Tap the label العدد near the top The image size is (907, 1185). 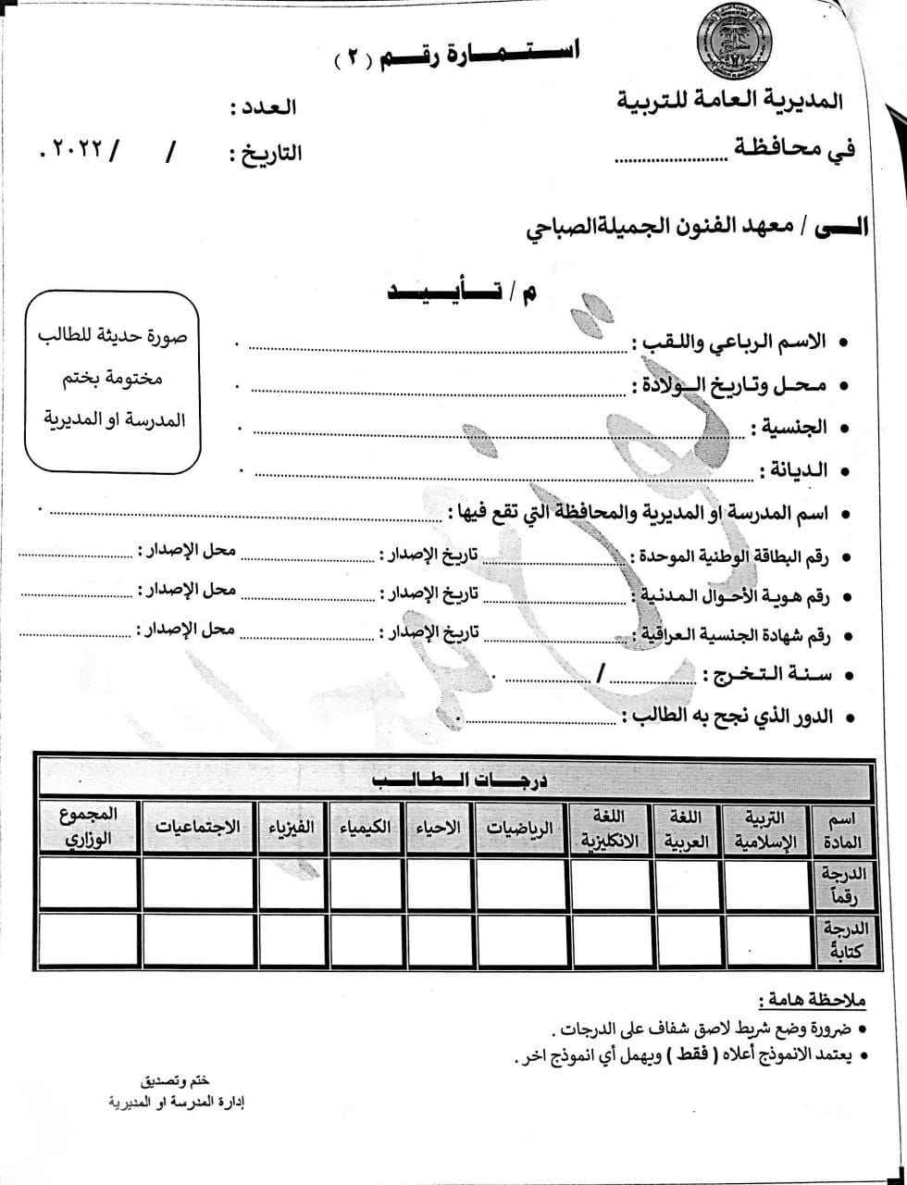(263, 106)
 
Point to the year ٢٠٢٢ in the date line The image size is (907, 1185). (78, 149)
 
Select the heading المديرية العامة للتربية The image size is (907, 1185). (730, 99)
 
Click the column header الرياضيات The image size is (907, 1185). (519, 828)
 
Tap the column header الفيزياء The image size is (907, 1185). (292, 827)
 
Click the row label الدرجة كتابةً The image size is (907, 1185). (841, 940)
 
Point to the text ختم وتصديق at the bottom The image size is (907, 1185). (175, 1081)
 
